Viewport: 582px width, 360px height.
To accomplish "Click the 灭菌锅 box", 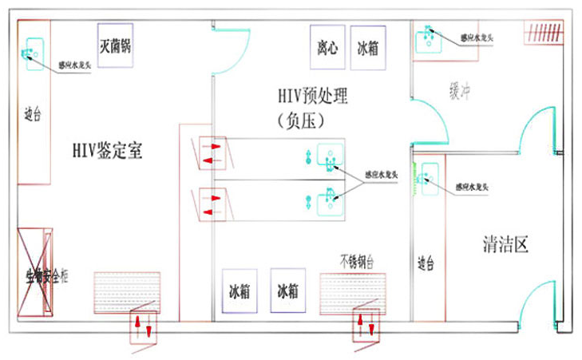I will (x=114, y=46).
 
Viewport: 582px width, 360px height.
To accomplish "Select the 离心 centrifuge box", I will (x=327, y=47).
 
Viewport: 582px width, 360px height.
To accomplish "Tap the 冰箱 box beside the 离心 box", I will (x=367, y=48).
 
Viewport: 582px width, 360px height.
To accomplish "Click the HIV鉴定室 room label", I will (x=107, y=150).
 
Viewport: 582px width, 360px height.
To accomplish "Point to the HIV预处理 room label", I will (x=313, y=97).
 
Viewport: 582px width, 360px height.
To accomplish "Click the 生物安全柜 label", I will (x=47, y=277).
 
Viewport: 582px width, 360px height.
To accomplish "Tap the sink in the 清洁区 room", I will (x=429, y=177).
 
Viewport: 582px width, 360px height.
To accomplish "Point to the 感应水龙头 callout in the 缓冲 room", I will (x=478, y=37).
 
